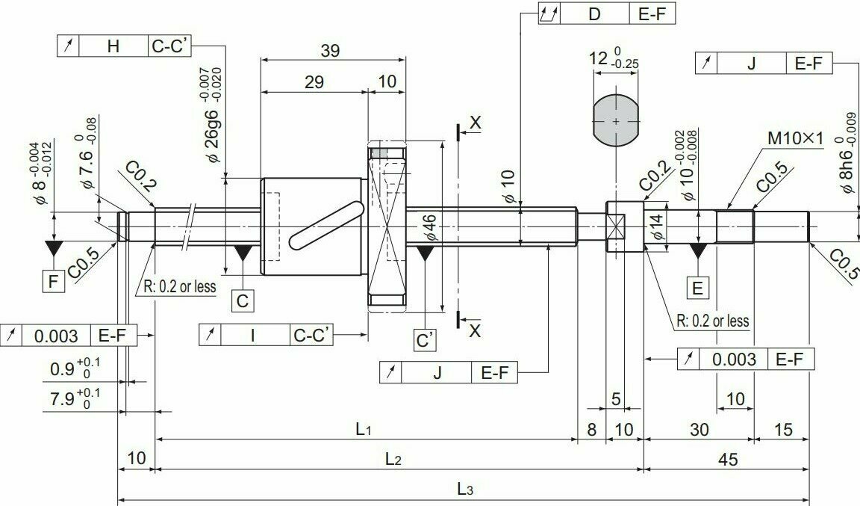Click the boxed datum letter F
coord(53,281)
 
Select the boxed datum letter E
coord(698,288)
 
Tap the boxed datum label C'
coord(425,340)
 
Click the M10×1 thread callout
coord(795,138)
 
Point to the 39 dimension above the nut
coord(330,51)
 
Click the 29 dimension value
coord(314,82)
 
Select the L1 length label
coord(364,428)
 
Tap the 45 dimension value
coord(728,459)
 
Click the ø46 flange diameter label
coord(430,227)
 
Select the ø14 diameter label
coord(658,226)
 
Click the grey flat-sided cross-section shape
coord(616,120)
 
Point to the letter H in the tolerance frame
coord(113,46)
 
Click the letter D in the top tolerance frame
coord(594,14)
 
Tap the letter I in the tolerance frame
coord(253,335)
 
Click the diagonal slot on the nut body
coord(326,226)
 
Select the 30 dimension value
coord(699,429)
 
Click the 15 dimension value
coord(783,429)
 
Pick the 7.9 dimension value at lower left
coord(63,398)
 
